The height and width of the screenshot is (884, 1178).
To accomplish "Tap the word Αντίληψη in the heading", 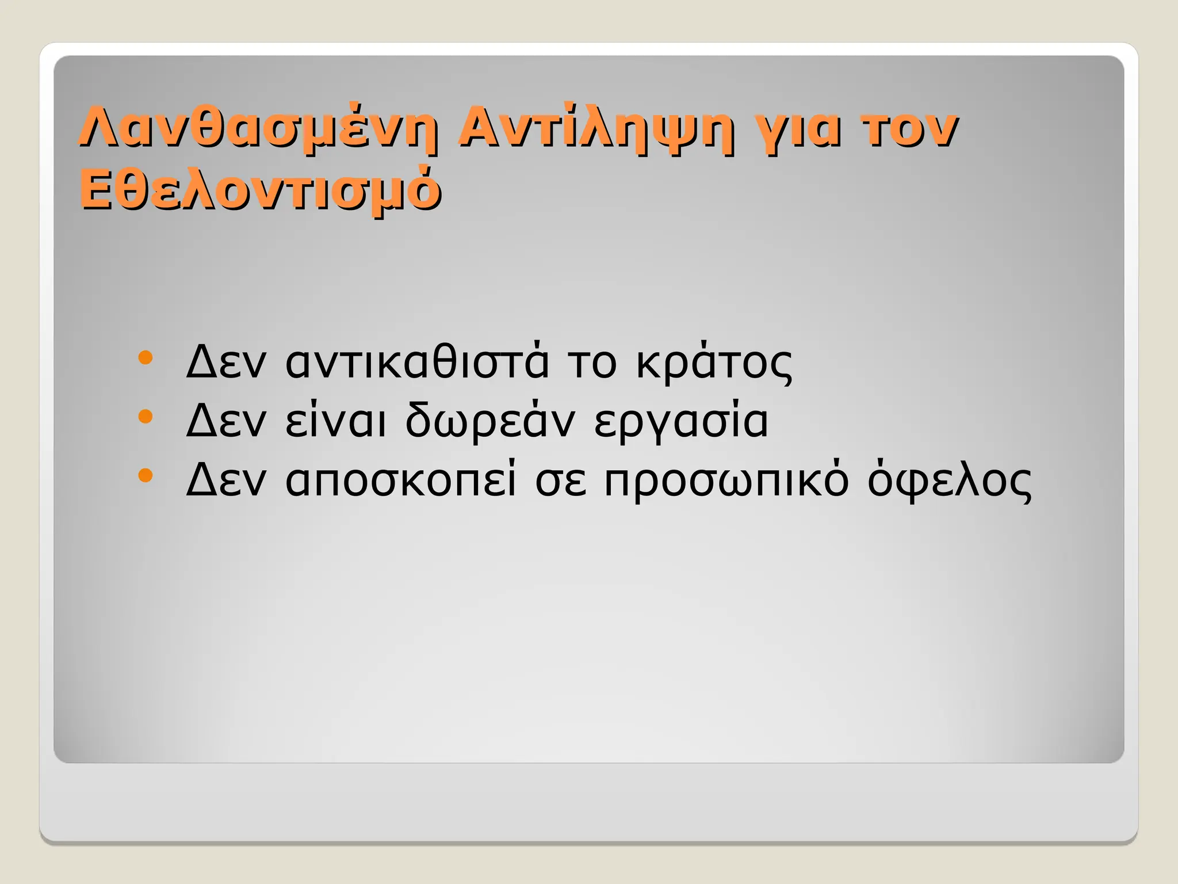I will click(595, 129).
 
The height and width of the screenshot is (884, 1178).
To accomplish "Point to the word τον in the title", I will click(909, 129).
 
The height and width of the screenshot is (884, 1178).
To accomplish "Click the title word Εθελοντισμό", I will click(260, 190).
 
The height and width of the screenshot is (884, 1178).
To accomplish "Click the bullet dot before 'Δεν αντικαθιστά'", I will click(146, 358).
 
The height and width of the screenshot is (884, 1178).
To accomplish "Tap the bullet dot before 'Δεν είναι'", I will click(146, 416).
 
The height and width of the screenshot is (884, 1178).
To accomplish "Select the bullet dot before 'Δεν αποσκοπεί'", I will click(146, 475).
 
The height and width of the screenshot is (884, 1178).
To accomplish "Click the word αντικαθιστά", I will click(417, 362).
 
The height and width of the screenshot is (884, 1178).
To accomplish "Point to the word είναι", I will click(335, 421).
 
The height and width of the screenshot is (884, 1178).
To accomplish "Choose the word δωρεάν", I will click(489, 421).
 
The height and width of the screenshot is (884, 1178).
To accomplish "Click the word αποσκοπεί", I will click(401, 481).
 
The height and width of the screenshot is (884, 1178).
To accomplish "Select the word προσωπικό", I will click(726, 481).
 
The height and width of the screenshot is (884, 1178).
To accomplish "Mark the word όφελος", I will click(949, 480).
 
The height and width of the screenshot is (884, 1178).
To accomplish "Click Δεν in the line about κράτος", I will click(226, 362).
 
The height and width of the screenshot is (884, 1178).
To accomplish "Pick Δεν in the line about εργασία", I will click(226, 421).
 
